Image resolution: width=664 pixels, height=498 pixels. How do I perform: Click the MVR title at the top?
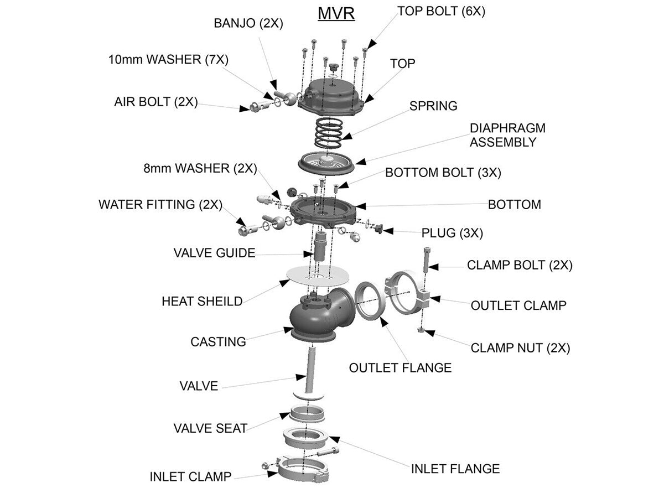pyautogui.click(x=335, y=13)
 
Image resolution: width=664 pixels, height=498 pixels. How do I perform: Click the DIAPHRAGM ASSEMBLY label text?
pyautogui.click(x=507, y=134)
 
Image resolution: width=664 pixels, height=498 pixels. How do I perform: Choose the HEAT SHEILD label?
pyautogui.click(x=202, y=302)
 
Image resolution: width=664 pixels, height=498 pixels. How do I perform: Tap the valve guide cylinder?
pyautogui.click(x=319, y=246)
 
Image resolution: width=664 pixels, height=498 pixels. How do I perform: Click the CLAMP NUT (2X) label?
pyautogui.click(x=520, y=348)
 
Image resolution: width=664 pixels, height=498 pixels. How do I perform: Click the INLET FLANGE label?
pyautogui.click(x=455, y=469)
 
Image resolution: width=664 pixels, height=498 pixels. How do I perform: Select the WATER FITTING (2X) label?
pyautogui.click(x=160, y=205)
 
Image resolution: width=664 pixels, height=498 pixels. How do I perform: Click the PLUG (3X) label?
pyautogui.click(x=452, y=233)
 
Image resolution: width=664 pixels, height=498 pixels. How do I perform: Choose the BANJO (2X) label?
pyautogui.click(x=248, y=24)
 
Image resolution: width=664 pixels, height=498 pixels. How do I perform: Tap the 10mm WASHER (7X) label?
pyautogui.click(x=161, y=59)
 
